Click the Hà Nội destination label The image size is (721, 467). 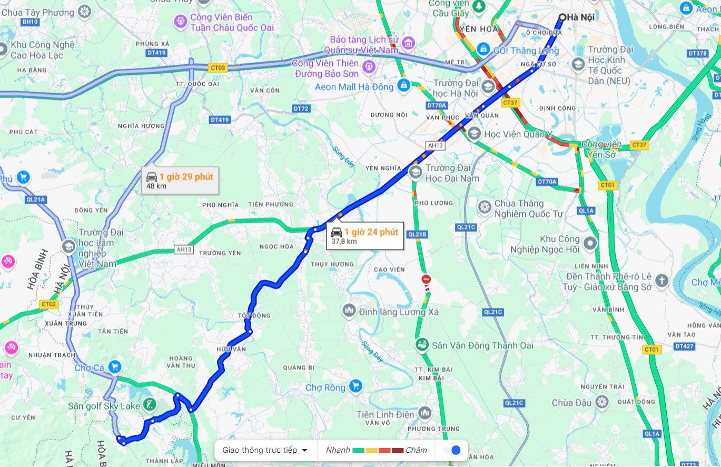580,17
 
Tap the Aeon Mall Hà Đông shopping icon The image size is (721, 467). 403,85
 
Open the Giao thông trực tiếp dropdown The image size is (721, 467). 265,450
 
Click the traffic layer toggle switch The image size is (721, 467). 452,450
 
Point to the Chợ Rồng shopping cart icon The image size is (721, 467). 356,387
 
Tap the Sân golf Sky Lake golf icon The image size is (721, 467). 150,405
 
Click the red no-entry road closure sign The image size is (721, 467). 426,279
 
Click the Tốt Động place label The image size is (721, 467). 254,316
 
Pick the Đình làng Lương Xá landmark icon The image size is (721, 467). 348,311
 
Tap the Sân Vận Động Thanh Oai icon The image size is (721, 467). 421,345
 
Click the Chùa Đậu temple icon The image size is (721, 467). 603,403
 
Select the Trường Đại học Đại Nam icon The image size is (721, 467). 416,172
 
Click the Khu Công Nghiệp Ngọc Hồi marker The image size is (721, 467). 590,243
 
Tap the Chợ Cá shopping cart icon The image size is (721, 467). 114,366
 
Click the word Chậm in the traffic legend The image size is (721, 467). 416,450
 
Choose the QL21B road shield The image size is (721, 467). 417,234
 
